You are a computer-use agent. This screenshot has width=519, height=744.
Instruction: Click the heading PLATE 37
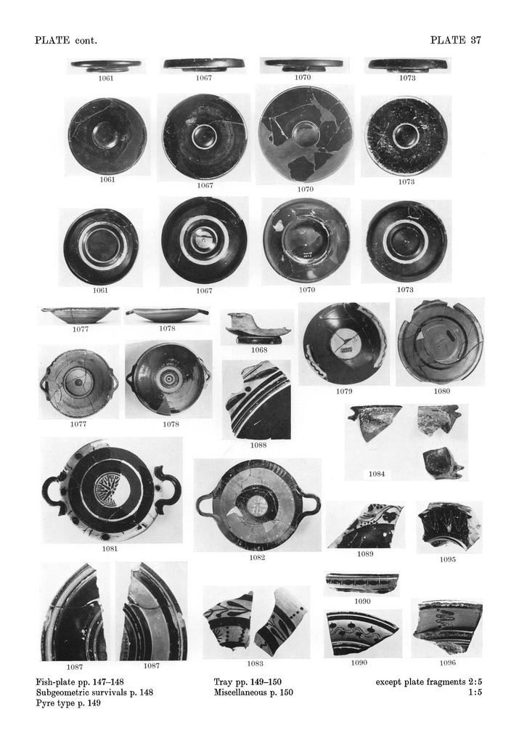pyautogui.click(x=456, y=40)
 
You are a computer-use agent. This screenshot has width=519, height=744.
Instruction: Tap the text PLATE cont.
pyautogui.click(x=66, y=40)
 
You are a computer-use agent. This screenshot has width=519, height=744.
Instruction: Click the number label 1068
pyautogui.click(x=258, y=350)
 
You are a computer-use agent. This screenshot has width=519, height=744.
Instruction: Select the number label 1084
pyautogui.click(x=376, y=474)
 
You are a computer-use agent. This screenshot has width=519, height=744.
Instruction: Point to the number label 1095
pyautogui.click(x=448, y=559)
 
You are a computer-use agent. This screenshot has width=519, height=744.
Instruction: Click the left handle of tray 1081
pyautogui.click(x=53, y=490)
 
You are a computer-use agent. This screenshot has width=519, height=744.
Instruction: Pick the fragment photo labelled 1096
pyautogui.click(x=446, y=626)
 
